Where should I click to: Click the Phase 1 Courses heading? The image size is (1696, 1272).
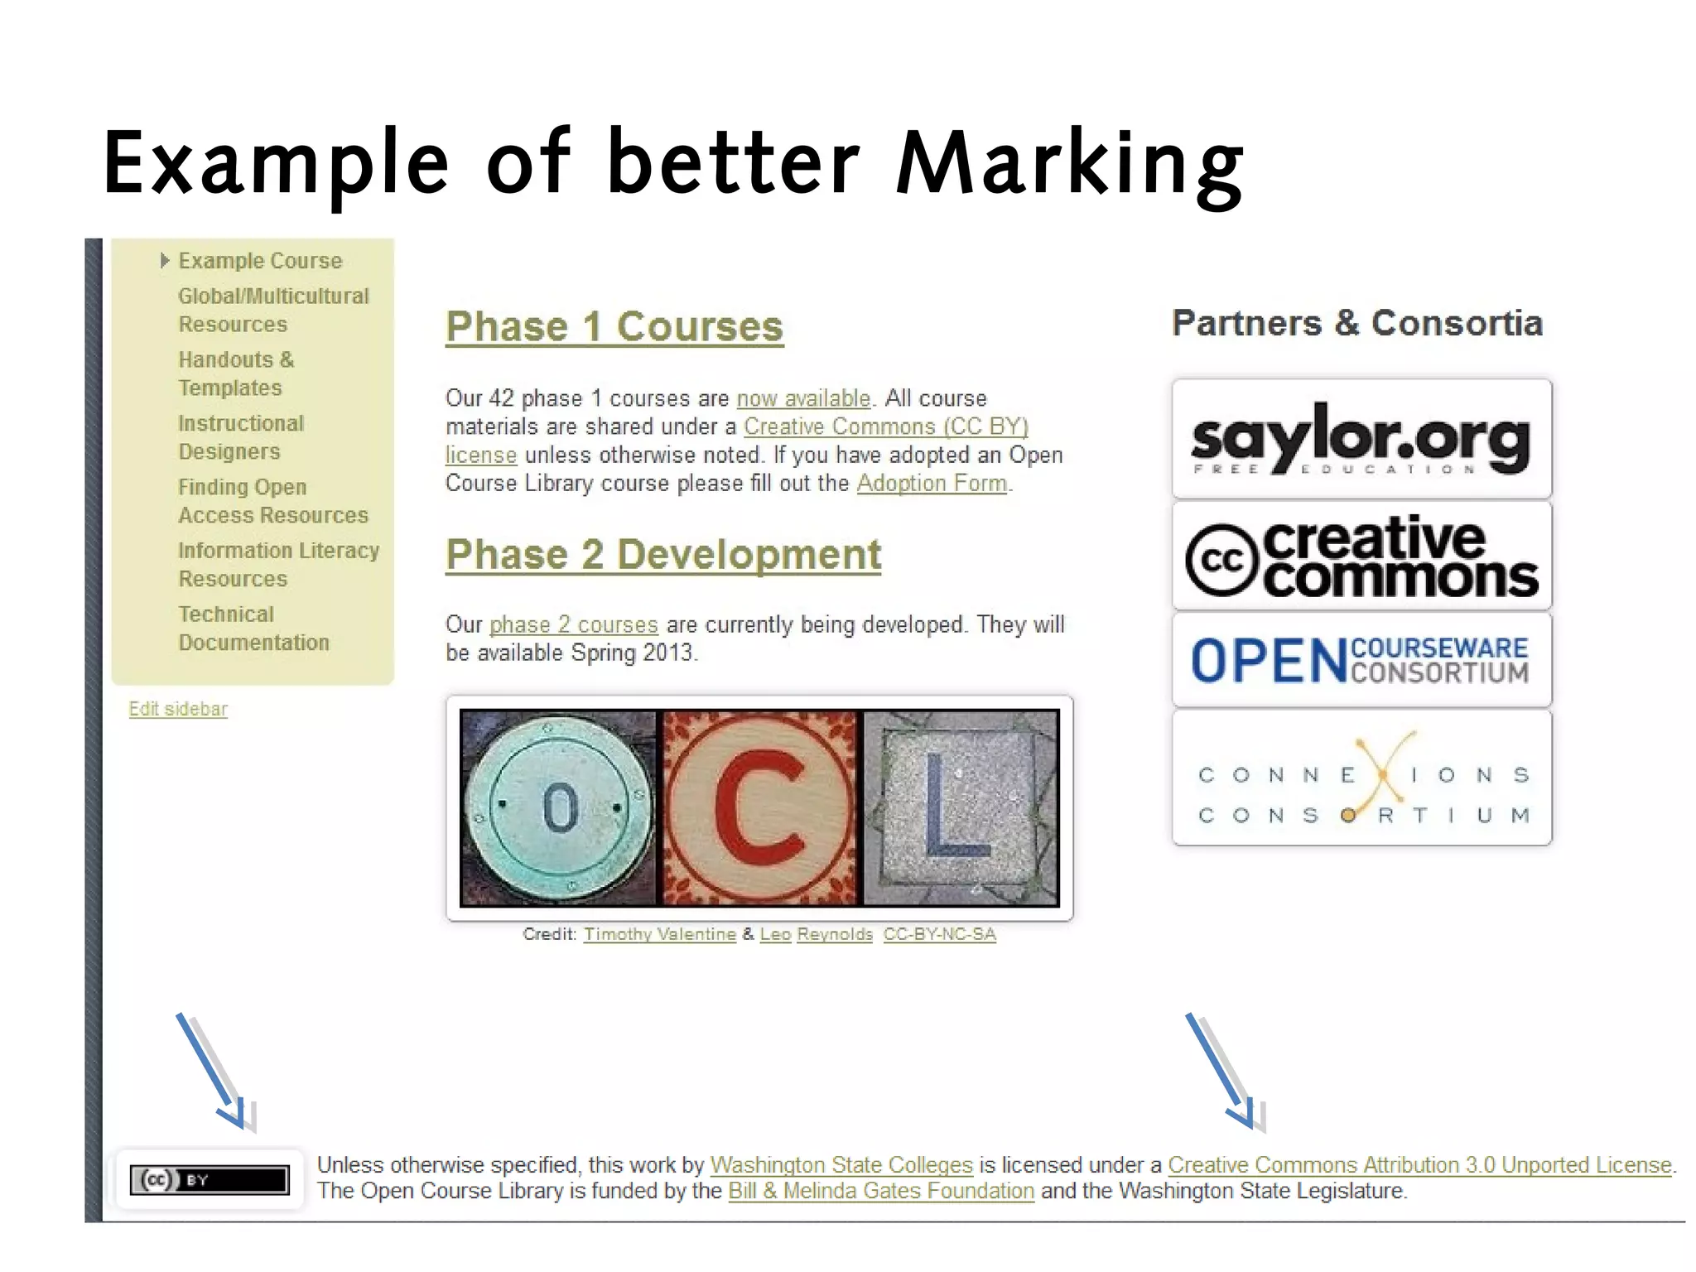point(614,326)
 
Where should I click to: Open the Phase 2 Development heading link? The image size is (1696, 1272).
point(662,554)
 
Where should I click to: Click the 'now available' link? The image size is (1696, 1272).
point(803,398)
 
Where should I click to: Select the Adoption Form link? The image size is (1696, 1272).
point(932,483)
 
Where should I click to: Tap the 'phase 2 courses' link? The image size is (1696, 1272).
point(573,624)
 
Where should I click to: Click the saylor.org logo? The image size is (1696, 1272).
point(1361,440)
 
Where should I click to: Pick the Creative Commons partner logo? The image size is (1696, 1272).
point(1361,556)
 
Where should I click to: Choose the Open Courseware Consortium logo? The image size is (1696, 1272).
point(1361,660)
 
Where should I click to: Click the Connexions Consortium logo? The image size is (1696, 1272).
point(1361,777)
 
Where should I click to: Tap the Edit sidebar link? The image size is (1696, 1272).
point(178,709)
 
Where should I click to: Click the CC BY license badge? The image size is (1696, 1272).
point(209,1179)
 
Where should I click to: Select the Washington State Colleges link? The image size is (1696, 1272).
point(841,1165)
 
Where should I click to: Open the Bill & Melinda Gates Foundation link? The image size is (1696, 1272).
point(881,1191)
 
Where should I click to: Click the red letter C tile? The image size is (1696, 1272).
point(759,807)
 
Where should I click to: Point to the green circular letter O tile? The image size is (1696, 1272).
point(559,807)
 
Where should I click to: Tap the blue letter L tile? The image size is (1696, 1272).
point(961,807)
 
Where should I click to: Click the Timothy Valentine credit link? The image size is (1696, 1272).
point(659,934)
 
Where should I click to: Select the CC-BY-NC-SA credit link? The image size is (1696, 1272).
point(939,934)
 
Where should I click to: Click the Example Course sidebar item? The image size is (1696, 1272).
point(260,261)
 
